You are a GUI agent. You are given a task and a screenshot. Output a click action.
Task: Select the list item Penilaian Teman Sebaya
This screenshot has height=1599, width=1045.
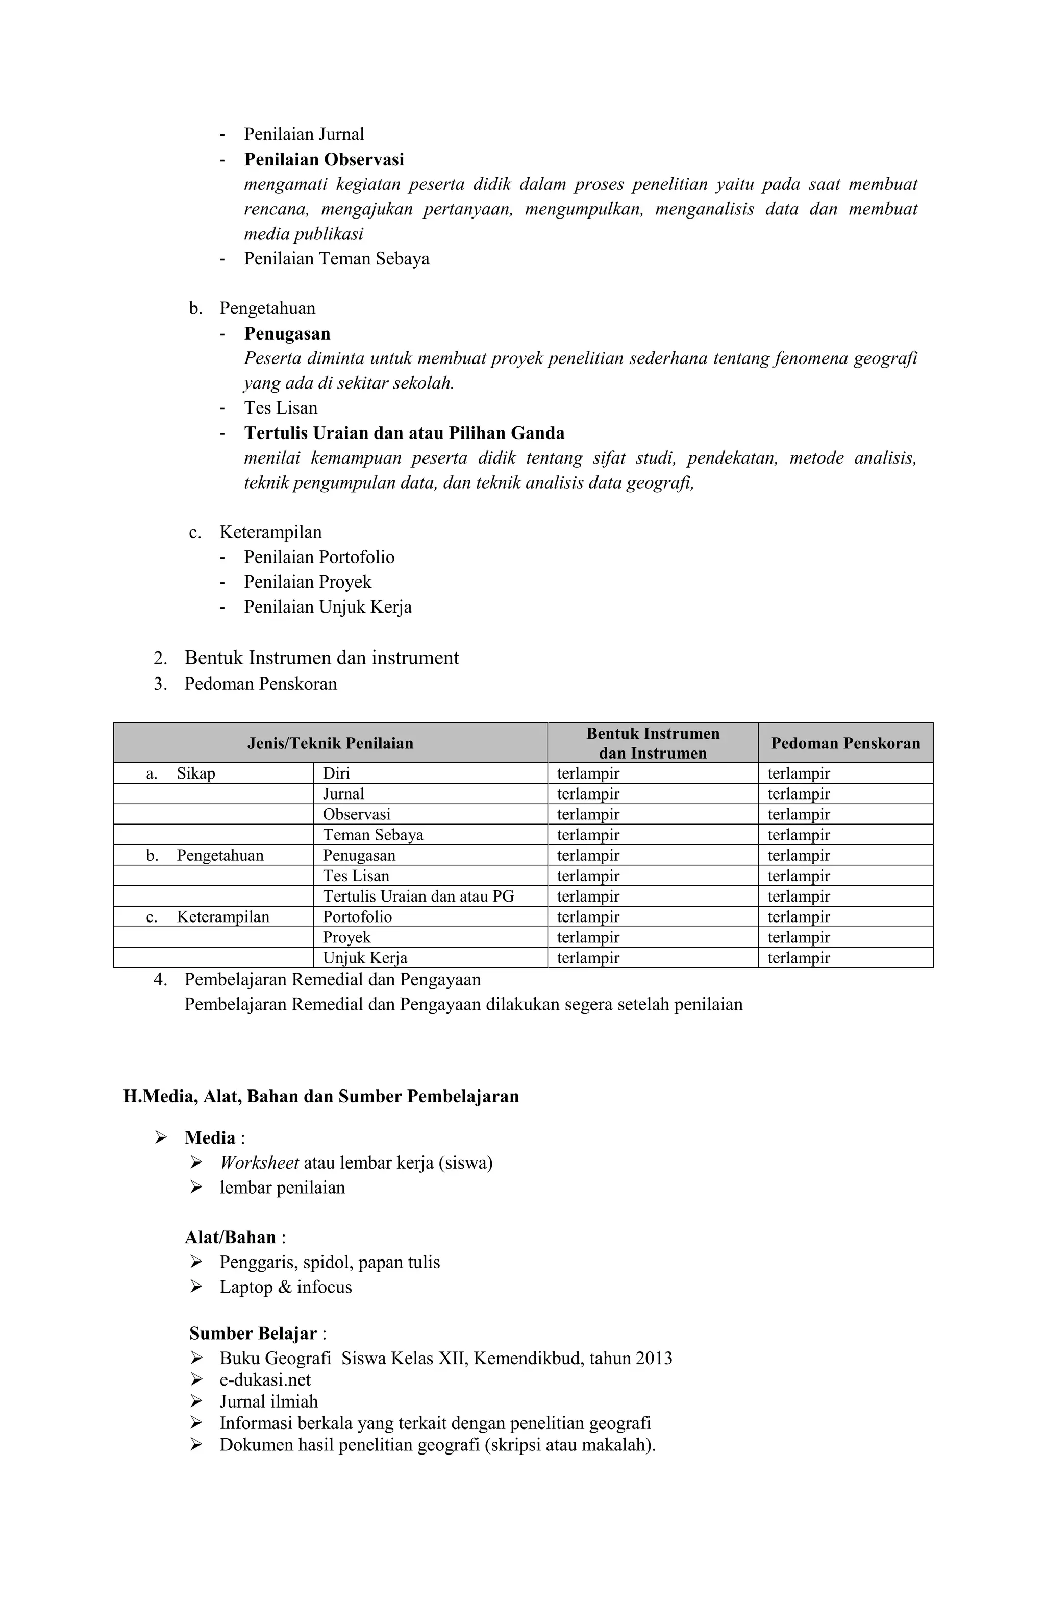coord(336,259)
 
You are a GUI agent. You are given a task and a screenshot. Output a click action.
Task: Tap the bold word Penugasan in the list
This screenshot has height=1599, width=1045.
coord(287,333)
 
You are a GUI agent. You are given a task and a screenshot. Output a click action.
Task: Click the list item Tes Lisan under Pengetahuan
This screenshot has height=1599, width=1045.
coord(280,408)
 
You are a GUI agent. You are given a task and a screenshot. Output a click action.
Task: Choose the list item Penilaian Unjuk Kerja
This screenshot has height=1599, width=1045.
coord(327,607)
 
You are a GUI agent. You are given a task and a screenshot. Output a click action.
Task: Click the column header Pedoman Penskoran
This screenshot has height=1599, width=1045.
coord(845,743)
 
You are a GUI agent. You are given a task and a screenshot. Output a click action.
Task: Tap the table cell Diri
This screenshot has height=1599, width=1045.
coord(336,773)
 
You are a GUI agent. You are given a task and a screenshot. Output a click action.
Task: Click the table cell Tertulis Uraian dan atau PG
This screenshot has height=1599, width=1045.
coord(418,896)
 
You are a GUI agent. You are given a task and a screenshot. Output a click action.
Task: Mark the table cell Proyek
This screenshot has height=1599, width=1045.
coord(346,937)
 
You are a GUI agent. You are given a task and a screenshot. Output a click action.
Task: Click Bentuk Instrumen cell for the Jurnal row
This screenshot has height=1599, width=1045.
coord(588,794)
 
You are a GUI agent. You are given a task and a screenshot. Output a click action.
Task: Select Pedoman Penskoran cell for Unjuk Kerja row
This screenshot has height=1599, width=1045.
coord(798,958)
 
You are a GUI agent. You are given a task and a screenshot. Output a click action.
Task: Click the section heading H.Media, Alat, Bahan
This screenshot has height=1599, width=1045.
coord(320,1097)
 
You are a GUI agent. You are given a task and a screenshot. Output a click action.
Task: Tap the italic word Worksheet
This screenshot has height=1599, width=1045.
coord(259,1163)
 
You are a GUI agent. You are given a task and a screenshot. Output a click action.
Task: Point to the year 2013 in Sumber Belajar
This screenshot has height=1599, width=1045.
coord(653,1359)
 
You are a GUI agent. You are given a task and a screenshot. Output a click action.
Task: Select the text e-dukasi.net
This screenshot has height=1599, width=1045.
coord(265,1380)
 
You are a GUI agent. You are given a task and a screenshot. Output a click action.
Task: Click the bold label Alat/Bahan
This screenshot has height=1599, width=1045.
coord(230,1238)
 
